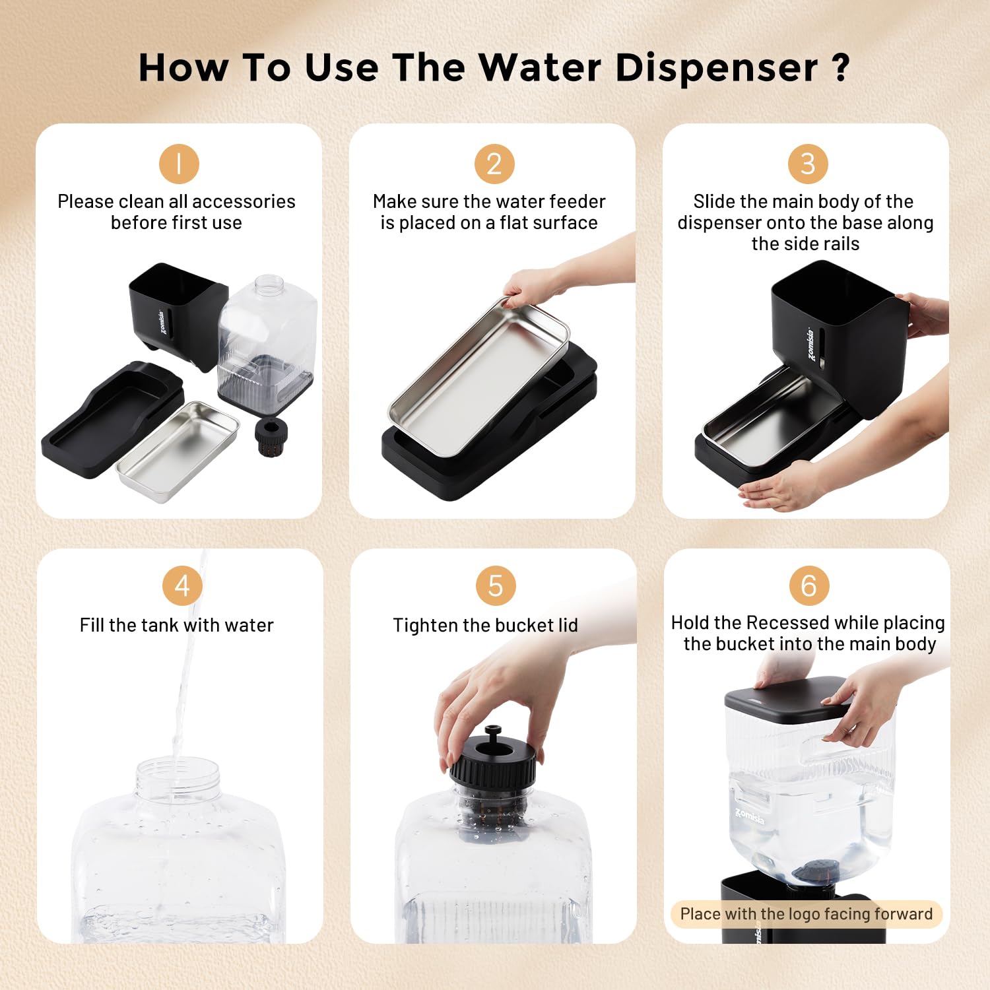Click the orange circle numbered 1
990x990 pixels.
(179, 164)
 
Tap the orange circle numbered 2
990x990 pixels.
(494, 164)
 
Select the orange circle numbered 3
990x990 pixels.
(808, 164)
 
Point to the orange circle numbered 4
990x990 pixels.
(182, 585)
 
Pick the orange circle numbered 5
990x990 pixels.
(495, 585)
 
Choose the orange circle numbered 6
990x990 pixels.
(808, 585)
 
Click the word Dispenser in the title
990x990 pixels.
(716, 67)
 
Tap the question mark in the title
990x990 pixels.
(840, 67)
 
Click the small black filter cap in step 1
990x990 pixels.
(271, 436)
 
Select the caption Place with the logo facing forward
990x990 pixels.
(806, 914)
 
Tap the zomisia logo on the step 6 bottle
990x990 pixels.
(750, 816)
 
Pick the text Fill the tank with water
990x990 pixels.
(176, 625)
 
